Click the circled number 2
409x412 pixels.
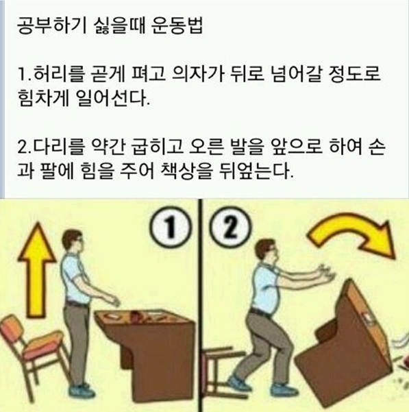[x=229, y=228]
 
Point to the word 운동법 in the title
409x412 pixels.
[x=177, y=26]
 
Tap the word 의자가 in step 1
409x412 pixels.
[x=197, y=74]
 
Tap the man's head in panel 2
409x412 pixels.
[x=266, y=251]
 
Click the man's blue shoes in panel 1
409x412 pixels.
[x=82, y=391]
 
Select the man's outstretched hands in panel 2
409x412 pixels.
[x=326, y=274]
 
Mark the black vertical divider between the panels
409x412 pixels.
[x=201, y=305]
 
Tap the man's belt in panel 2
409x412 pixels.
[x=260, y=312]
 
